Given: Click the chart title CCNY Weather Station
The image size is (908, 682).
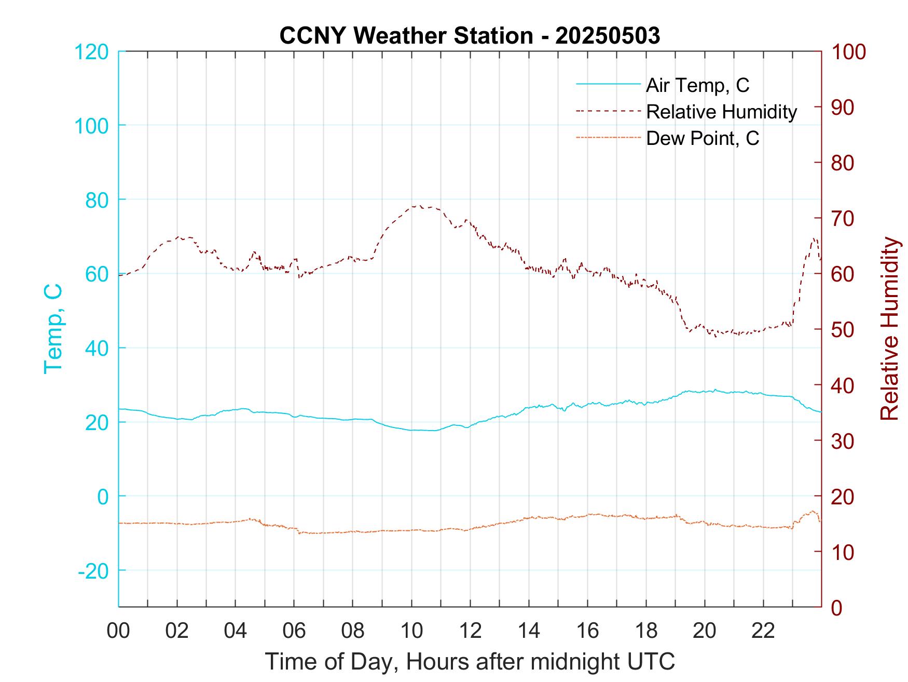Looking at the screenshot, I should [x=470, y=36].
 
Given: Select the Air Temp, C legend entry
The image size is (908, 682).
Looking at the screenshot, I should [x=697, y=85].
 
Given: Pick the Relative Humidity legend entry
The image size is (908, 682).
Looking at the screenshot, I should [x=721, y=112].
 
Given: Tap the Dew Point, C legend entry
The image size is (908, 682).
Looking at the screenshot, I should [x=703, y=138].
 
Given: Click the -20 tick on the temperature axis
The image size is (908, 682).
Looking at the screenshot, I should [x=93, y=571].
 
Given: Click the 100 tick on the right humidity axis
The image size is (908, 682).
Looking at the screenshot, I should [x=848, y=52].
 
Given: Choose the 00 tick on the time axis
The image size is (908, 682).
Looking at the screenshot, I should [x=118, y=631].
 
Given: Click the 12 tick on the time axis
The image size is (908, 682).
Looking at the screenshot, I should [x=470, y=631].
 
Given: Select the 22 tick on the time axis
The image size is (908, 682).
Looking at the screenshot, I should [x=763, y=631].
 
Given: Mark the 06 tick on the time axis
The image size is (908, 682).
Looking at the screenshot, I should [x=294, y=631].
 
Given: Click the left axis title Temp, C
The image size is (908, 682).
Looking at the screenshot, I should [x=53, y=329].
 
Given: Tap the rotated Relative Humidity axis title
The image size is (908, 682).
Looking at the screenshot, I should [x=889, y=329].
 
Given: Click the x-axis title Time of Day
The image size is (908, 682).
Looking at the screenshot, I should [x=470, y=662].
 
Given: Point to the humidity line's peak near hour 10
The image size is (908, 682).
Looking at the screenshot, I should [x=419, y=206].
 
